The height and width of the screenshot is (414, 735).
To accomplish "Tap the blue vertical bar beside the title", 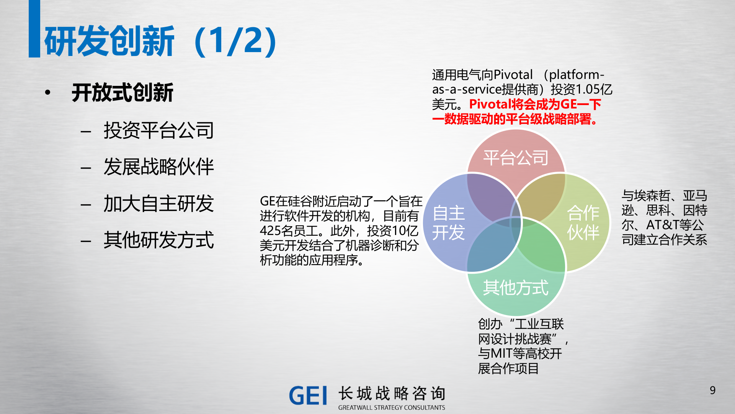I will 34,29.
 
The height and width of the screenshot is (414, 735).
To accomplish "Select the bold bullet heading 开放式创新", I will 122,93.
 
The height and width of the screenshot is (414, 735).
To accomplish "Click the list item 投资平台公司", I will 158,130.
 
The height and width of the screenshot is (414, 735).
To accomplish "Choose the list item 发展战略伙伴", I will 158,167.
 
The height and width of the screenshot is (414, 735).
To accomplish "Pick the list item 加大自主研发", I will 158,203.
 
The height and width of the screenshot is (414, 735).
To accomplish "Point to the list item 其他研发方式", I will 158,240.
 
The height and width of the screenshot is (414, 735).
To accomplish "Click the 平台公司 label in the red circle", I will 516,158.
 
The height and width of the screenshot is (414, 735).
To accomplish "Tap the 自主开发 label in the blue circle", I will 449,223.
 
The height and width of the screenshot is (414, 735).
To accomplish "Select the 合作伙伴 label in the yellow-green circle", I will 583,223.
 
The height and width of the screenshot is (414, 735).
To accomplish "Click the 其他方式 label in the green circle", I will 516,287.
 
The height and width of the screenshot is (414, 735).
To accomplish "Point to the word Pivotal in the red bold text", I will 490,104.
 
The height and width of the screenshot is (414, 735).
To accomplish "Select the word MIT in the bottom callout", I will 500,353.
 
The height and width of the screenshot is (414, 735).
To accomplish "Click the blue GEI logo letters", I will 308,396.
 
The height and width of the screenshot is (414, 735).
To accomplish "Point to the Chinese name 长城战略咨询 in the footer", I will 392,394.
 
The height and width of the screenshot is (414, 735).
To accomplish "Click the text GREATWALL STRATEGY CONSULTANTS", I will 392,407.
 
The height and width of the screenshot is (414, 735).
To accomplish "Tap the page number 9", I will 712,390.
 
